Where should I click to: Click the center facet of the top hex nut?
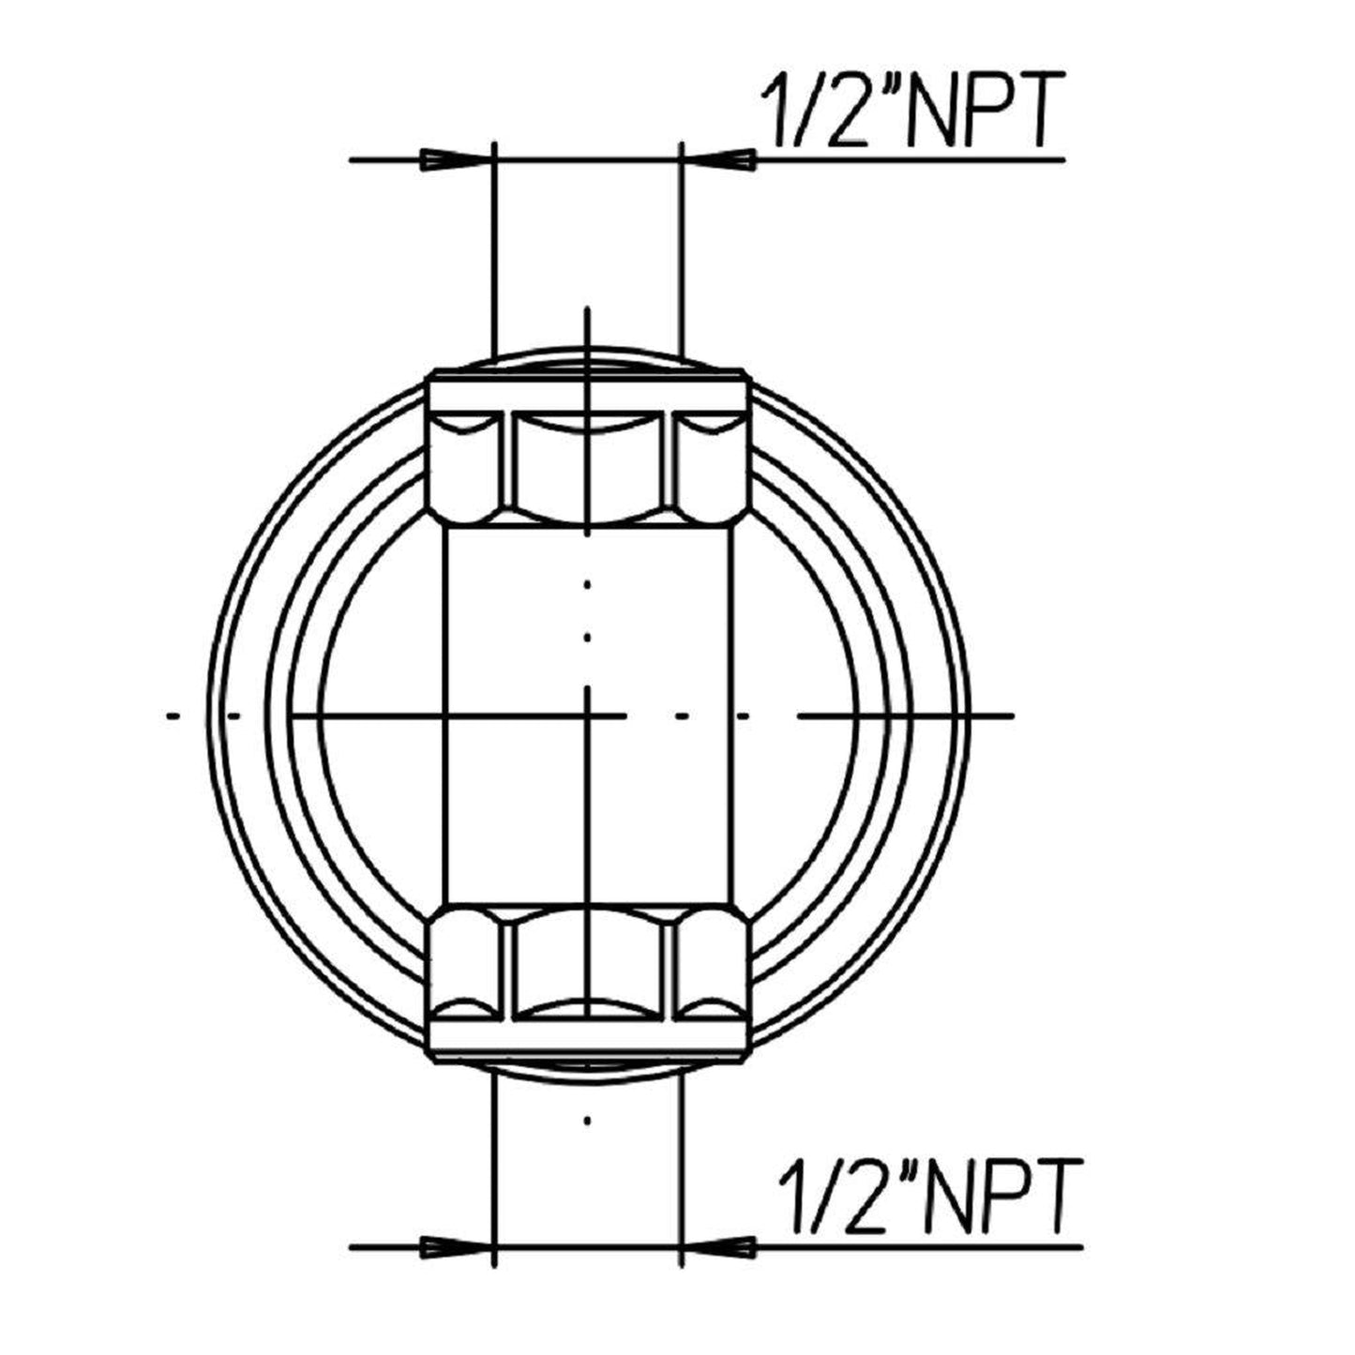pyautogui.click(x=588, y=464)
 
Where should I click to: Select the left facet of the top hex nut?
pyautogui.click(x=465, y=464)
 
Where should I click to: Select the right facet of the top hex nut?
pyautogui.click(x=710, y=464)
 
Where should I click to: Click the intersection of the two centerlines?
pyautogui.click(x=587, y=715)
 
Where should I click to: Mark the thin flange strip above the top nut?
pyautogui.click(x=588, y=391)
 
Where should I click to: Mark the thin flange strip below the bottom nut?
pyautogui.click(x=588, y=1041)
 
